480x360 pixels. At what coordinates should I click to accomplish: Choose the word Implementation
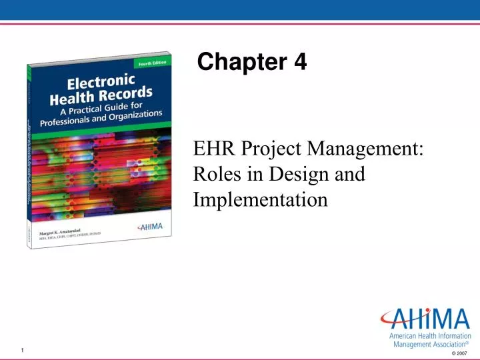(x=260, y=199)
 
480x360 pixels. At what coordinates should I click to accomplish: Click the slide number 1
(x=22, y=351)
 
